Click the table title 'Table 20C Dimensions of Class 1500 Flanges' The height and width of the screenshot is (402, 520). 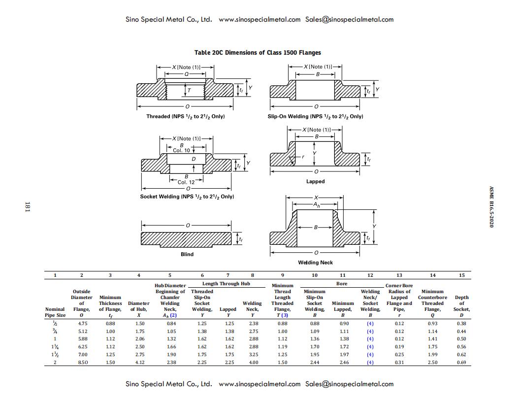[258, 52]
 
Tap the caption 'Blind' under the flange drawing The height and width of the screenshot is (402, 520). [187, 254]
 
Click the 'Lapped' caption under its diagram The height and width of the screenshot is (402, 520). [315, 181]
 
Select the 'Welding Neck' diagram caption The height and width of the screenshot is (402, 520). [315, 263]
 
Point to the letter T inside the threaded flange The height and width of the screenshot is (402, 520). [190, 91]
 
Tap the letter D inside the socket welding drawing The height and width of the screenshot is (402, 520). [194, 159]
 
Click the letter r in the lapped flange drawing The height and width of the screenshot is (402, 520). [303, 157]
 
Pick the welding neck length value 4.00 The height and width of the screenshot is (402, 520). [253, 363]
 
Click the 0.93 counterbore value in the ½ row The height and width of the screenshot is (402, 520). [432, 323]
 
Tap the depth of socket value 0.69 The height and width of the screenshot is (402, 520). [461, 363]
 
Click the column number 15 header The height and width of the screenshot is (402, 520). [461, 275]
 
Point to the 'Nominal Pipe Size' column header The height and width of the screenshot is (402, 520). [55, 312]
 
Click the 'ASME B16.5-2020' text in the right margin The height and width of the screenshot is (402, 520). [491, 207]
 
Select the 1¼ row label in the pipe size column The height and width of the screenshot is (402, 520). [55, 347]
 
